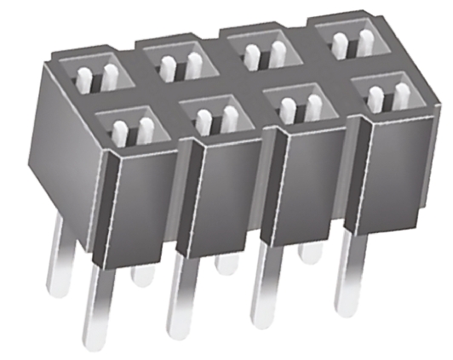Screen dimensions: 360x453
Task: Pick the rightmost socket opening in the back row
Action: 350,38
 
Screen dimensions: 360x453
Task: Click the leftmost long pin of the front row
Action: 94,306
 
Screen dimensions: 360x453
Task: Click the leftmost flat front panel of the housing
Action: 144,204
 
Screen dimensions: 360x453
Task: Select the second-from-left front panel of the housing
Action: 226,191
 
